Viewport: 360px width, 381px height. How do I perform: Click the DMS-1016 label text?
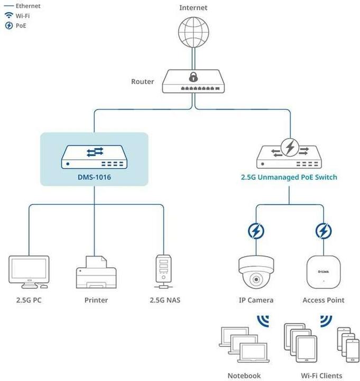94,177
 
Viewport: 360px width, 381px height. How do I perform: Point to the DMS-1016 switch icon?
94,156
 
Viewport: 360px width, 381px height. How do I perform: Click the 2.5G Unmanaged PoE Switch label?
289,177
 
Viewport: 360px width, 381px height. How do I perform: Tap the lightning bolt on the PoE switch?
289,149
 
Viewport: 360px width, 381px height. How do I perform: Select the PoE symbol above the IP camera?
256,231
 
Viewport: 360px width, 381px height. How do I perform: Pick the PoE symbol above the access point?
323,231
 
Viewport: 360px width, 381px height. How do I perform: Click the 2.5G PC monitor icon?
29,271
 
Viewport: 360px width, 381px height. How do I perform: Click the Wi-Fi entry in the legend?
22,16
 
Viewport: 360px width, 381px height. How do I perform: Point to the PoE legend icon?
8,25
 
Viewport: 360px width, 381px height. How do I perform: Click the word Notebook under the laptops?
244,375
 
